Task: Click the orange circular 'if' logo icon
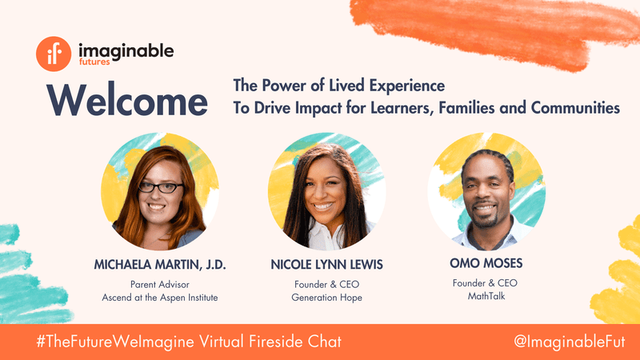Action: tap(54, 54)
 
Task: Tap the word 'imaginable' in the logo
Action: tap(126, 51)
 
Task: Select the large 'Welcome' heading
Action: tap(127, 101)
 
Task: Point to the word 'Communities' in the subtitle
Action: tap(575, 108)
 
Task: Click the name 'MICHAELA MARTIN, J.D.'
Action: tap(160, 265)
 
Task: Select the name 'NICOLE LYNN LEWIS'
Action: tap(327, 265)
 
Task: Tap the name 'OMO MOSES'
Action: tap(486, 263)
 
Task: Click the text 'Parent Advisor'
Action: tap(160, 285)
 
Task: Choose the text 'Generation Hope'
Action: tap(327, 298)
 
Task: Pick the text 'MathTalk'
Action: tap(486, 296)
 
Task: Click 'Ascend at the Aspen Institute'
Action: tap(160, 298)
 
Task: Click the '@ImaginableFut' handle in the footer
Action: tap(570, 342)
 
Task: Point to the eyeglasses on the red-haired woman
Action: tap(161, 188)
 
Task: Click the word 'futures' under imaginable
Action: tap(94, 62)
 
